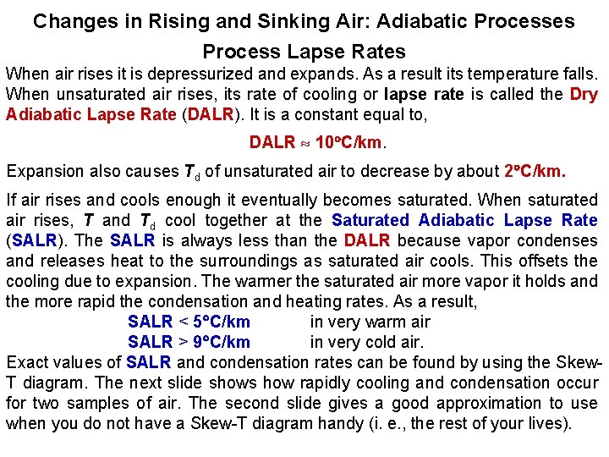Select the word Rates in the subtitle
click(x=378, y=52)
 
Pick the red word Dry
click(x=584, y=94)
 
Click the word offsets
click(x=545, y=261)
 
